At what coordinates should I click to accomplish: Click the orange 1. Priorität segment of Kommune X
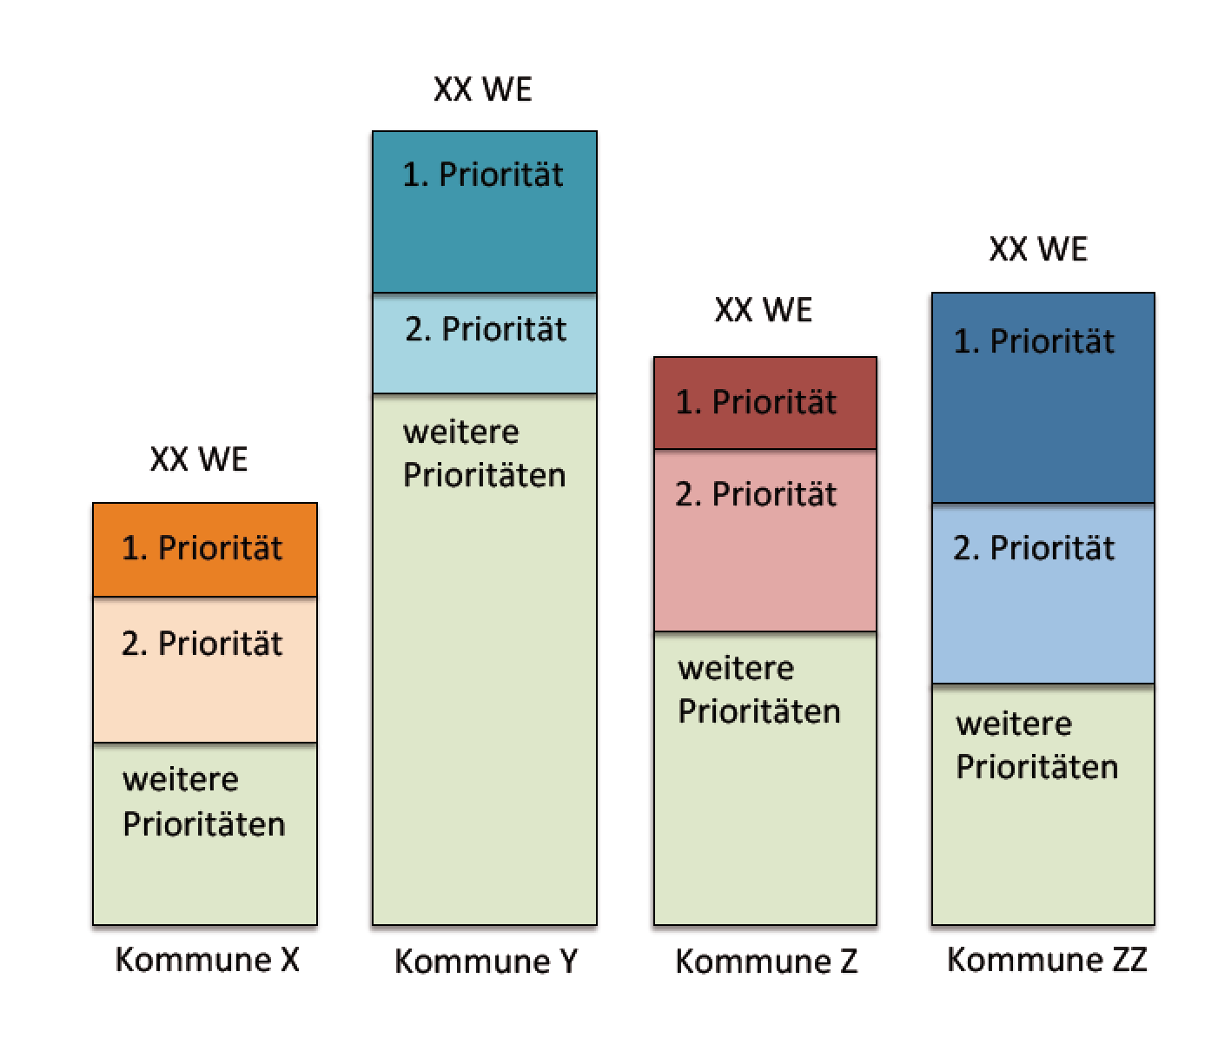click(x=204, y=550)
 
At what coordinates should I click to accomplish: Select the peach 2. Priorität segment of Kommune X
click(x=204, y=670)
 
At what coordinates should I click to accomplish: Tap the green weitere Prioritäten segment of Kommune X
click(x=204, y=834)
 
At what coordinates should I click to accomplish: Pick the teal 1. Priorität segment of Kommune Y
click(x=485, y=212)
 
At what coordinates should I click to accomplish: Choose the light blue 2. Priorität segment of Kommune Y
click(x=485, y=343)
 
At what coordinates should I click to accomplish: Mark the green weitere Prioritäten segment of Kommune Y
click(x=485, y=658)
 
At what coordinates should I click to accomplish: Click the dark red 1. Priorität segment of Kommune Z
click(x=765, y=403)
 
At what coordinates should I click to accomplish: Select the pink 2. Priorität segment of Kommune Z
click(x=765, y=540)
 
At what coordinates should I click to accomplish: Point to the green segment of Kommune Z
click(x=765, y=778)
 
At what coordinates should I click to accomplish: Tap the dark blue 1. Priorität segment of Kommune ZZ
click(x=1043, y=398)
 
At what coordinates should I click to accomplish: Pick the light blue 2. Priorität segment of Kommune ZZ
click(x=1043, y=593)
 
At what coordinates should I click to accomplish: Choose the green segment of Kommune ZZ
click(x=1043, y=804)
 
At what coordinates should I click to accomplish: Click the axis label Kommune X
click(x=208, y=960)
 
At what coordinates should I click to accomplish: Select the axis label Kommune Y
click(x=487, y=962)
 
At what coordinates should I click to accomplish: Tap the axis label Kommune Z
click(x=766, y=962)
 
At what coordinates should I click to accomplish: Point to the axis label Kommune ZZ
click(x=1047, y=960)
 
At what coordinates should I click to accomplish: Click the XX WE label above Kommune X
click(x=199, y=459)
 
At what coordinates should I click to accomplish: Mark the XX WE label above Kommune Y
click(x=483, y=89)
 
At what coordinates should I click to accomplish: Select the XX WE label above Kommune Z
click(x=764, y=309)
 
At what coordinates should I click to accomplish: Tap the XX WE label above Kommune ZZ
click(x=1038, y=248)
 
